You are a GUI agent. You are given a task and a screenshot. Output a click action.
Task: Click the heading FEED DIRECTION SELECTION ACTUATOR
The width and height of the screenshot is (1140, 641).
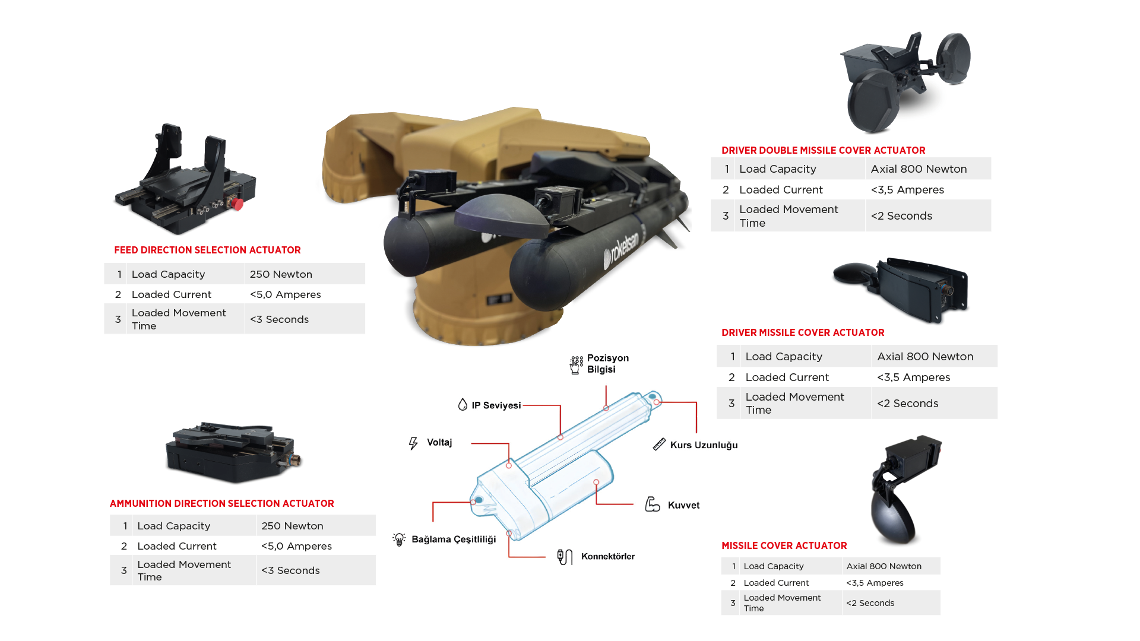tap(207, 250)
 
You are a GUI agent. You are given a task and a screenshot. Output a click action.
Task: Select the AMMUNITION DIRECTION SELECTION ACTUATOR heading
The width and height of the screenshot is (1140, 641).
tap(221, 503)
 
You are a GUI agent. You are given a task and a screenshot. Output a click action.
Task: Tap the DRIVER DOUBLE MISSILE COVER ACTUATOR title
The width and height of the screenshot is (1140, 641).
tap(823, 150)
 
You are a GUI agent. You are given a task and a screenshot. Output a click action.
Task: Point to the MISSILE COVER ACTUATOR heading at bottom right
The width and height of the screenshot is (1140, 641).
tap(784, 545)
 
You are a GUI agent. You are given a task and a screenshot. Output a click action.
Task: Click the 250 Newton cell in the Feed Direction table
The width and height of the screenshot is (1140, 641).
tap(281, 274)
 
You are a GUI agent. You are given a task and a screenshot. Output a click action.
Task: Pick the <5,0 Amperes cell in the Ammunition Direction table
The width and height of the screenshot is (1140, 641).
tap(296, 546)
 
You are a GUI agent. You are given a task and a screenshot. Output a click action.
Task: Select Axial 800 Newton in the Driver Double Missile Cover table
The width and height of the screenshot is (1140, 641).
tap(919, 169)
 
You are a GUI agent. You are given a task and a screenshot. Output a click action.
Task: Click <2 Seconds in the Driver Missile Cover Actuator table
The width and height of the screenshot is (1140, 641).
tap(907, 404)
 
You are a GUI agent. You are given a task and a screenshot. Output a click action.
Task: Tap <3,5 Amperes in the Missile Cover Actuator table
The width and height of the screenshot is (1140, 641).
tap(875, 583)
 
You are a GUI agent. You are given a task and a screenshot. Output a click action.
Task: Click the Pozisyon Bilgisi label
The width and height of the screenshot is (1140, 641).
tap(607, 364)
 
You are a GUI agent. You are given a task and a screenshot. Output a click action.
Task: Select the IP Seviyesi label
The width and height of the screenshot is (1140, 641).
tap(496, 405)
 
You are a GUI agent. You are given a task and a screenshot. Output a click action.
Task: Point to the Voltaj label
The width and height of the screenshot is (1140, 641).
tap(439, 443)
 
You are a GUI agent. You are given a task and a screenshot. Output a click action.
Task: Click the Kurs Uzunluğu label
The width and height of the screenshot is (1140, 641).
tap(704, 445)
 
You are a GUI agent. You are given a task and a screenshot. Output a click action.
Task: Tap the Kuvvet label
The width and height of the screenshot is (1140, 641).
tap(683, 505)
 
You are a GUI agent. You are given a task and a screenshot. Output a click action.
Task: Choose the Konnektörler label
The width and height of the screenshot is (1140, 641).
tap(607, 556)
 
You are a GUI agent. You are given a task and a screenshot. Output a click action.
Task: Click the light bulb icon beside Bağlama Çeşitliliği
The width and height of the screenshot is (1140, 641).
tap(399, 539)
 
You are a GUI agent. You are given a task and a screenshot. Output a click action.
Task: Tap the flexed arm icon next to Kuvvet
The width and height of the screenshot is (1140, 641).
tap(653, 504)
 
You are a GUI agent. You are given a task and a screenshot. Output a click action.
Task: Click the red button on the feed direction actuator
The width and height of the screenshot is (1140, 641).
tap(237, 204)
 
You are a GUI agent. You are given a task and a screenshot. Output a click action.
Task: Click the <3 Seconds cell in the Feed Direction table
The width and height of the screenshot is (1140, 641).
tap(279, 319)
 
